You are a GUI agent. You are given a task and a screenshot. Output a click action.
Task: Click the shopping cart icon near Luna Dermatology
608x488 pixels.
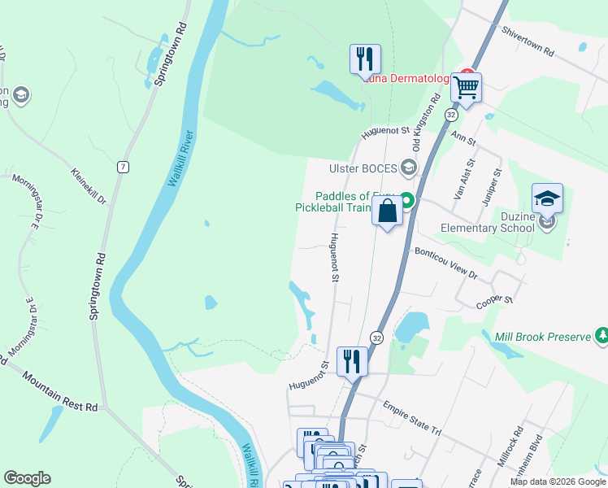[467, 86]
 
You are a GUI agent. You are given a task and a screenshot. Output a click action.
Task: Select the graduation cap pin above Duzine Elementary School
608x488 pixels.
[547, 198]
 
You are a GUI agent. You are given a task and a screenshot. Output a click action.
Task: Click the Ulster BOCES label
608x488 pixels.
[363, 168]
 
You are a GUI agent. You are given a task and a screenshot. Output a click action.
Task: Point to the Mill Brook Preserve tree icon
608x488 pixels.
[601, 334]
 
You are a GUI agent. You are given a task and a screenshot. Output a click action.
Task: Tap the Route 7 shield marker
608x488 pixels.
[123, 167]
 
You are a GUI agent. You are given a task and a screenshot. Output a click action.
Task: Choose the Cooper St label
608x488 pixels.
[494, 300]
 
